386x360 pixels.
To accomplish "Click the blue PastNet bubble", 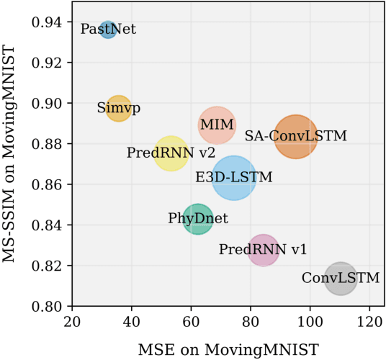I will (x=108, y=30).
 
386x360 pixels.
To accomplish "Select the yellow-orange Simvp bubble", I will (x=119, y=108).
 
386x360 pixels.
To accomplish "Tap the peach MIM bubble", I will (x=217, y=125).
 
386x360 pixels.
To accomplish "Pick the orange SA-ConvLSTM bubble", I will (x=295, y=135).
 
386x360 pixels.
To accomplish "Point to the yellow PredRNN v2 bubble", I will (x=171, y=153).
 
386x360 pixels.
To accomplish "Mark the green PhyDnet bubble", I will (x=198, y=218).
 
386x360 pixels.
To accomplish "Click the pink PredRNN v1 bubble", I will (x=264, y=250).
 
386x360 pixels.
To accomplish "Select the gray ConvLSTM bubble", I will (x=341, y=278).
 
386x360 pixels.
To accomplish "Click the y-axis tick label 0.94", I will (x=47, y=22).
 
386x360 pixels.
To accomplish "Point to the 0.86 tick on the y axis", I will (x=47, y=185).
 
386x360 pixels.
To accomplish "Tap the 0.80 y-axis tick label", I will (x=47, y=307).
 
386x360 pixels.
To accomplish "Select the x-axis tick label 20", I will (x=71, y=320).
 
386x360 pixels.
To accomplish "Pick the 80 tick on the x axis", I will (x=251, y=320).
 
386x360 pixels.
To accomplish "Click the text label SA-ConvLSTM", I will (x=296, y=135).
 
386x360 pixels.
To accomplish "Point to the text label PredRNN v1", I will (x=263, y=250).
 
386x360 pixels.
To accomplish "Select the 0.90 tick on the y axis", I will (x=47, y=103).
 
